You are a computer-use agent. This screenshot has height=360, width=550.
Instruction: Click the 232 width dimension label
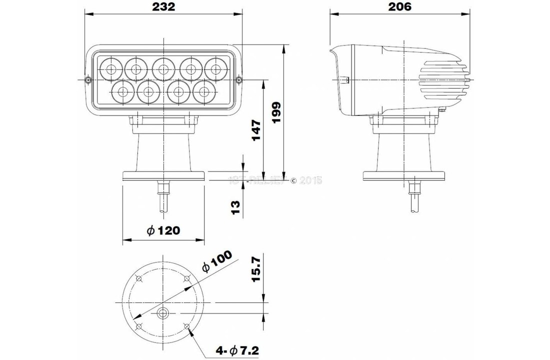tap(163, 6)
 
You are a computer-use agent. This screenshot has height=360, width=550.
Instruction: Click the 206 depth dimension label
tap(399, 6)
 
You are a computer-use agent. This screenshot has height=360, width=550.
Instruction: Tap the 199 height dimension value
tap(276, 112)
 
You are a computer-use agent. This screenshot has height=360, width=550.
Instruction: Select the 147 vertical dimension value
tap(256, 130)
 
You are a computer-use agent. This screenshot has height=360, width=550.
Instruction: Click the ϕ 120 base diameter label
tap(163, 230)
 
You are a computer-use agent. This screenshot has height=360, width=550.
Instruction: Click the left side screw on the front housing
tap(88, 79)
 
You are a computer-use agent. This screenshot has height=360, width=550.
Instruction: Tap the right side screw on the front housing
tap(238, 79)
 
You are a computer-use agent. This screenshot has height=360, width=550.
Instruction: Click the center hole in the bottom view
tap(163, 314)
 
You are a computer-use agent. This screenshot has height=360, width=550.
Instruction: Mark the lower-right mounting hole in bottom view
tap(187, 326)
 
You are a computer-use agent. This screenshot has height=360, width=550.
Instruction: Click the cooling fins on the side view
tap(439, 79)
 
